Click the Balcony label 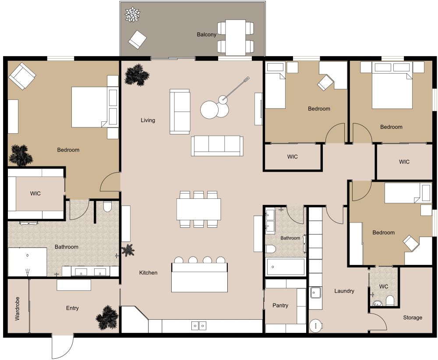click(206, 35)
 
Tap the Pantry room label click(280, 305)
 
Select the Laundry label click(344, 291)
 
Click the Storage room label click(413, 318)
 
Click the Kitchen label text click(148, 273)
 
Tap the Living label click(148, 120)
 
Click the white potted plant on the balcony click(132, 15)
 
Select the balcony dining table click(236, 37)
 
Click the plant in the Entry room click(107, 318)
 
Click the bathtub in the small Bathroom click(285, 266)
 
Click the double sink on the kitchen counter click(199, 325)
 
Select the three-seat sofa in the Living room click(217, 146)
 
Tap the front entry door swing click(62, 347)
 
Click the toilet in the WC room click(390, 300)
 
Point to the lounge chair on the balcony click(137, 39)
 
